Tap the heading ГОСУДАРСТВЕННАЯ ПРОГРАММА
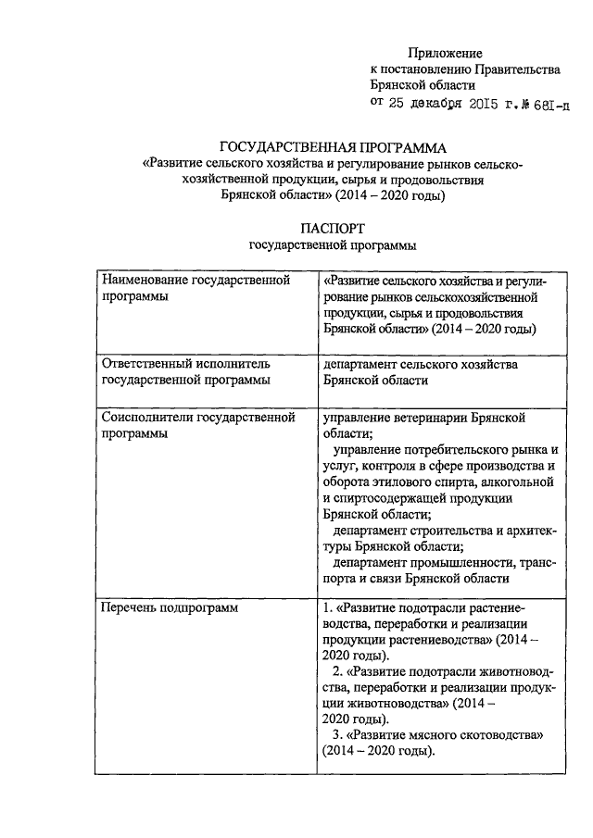coord(333,147)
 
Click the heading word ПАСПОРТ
coord(333,227)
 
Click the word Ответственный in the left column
coord(146,364)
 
